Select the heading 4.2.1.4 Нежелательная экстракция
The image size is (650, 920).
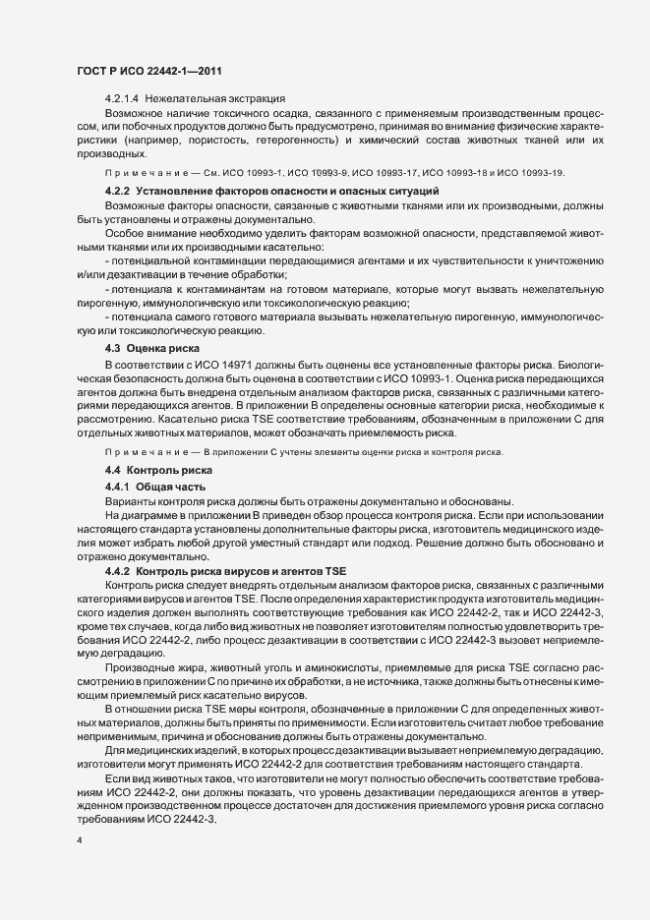(x=195, y=98)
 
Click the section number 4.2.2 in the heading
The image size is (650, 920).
(x=118, y=189)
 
